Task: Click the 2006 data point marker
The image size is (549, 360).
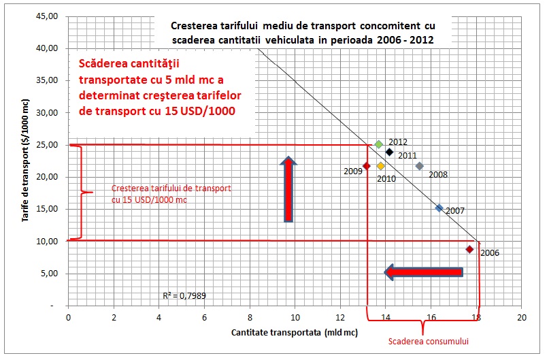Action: pyautogui.click(x=469, y=250)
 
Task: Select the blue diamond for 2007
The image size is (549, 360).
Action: pyautogui.click(x=439, y=208)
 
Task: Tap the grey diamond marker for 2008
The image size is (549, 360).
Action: pyautogui.click(x=420, y=166)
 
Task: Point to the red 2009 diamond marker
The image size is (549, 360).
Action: pyautogui.click(x=367, y=166)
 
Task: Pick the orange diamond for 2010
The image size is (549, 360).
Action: pyautogui.click(x=381, y=166)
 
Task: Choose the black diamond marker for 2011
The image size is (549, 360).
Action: pyautogui.click(x=389, y=152)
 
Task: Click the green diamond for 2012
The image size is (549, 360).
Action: pyautogui.click(x=379, y=144)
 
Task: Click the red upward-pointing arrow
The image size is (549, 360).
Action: pyautogui.click(x=288, y=189)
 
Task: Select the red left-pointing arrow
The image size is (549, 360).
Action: pyautogui.click(x=423, y=272)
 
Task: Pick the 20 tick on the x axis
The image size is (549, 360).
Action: pyautogui.click(x=522, y=317)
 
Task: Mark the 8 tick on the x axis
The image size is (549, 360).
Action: pyautogui.click(x=250, y=317)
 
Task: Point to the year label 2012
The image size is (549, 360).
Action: pyautogui.click(x=398, y=142)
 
